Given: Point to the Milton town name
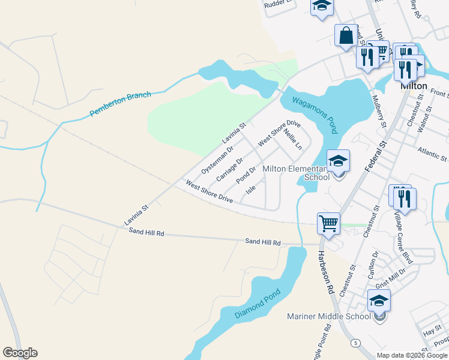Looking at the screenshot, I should pyautogui.click(x=414, y=86).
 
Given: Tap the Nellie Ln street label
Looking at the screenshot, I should pyautogui.click(x=293, y=139).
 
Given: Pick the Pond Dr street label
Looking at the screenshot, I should pyautogui.click(x=246, y=175).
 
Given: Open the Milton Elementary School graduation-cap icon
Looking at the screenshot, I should pyautogui.click(x=338, y=161).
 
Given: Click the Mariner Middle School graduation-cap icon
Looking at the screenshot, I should pyautogui.click(x=379, y=301).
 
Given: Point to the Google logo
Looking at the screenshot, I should pyautogui.click(x=20, y=353).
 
